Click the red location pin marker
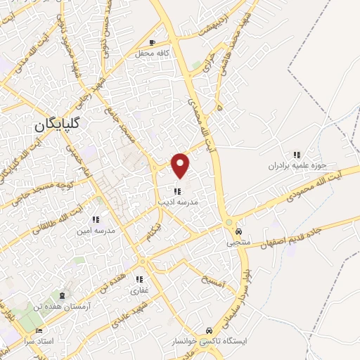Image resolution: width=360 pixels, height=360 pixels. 181,165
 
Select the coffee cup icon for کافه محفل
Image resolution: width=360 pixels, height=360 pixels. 152,43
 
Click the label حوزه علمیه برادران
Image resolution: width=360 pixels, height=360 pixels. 297,166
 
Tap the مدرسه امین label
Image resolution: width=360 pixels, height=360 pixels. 95,231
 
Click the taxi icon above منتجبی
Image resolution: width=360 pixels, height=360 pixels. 238,231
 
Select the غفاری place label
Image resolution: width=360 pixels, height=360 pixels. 138,290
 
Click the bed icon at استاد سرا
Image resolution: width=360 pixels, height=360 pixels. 39,330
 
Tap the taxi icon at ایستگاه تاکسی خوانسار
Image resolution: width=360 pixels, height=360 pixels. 209,330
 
